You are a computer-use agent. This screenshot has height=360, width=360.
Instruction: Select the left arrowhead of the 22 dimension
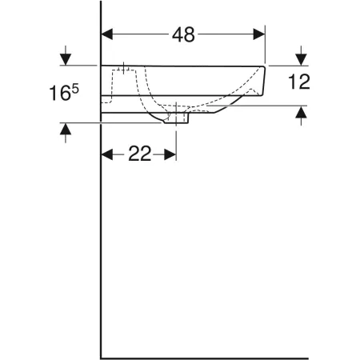[107, 155]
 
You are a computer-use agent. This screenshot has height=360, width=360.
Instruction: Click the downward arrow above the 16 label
[65, 57]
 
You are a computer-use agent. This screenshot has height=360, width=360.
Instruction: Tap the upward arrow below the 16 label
[65, 131]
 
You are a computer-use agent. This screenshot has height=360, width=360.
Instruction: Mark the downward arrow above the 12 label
[300, 57]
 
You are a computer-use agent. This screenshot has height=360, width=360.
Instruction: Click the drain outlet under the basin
[176, 119]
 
